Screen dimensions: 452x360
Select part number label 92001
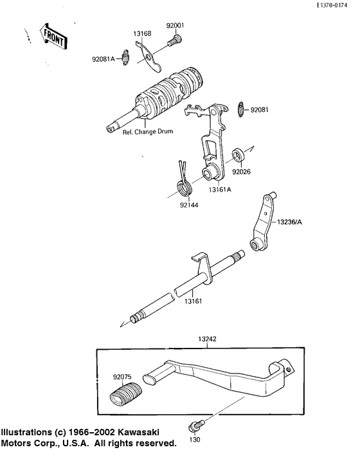click(x=175, y=27)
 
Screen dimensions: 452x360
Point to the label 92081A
click(x=103, y=59)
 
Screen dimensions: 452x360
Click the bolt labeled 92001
click(x=172, y=42)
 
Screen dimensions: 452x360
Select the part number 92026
click(x=242, y=172)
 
